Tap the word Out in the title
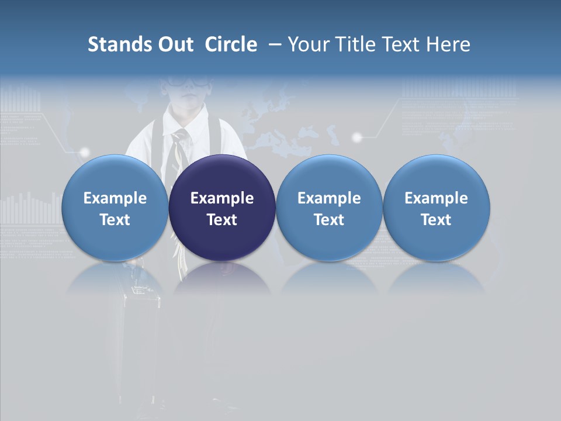[x=174, y=44]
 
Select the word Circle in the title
[x=231, y=44]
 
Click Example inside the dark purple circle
[x=222, y=198]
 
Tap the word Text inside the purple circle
[x=222, y=220]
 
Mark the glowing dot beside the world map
[x=358, y=137]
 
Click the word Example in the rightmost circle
[x=436, y=198]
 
